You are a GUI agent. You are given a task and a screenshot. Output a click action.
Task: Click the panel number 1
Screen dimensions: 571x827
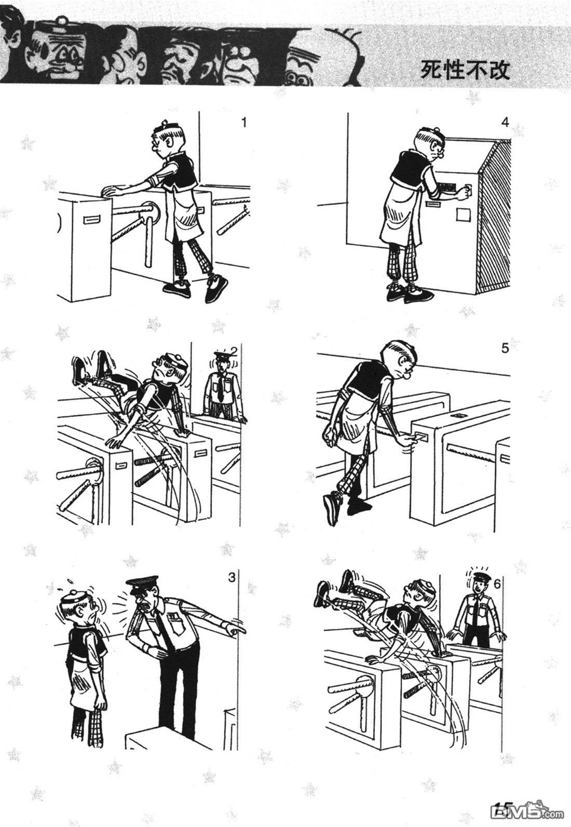[243, 122]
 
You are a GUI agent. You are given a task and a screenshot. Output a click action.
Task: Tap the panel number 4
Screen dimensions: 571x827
[505, 122]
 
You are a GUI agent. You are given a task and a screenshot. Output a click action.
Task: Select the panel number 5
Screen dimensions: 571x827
[505, 348]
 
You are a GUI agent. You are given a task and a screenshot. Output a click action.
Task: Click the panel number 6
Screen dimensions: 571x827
[497, 585]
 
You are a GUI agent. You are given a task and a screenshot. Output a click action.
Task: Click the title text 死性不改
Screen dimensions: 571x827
[465, 69]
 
